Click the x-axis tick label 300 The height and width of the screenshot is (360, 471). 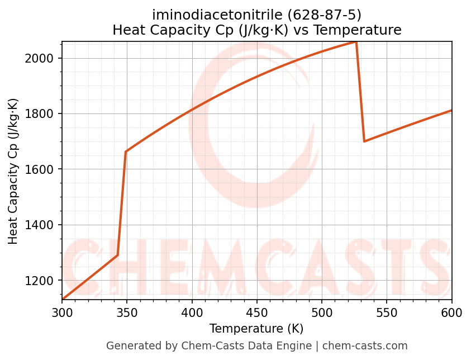tap(62, 312)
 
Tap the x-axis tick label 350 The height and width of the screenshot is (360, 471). tap(127, 312)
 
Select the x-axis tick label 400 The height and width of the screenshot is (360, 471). tap(192, 312)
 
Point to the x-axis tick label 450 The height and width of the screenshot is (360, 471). tap(257, 312)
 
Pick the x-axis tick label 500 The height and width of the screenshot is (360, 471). tap(322, 312)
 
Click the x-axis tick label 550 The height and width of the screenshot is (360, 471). tap(387, 312)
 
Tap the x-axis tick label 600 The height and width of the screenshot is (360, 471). tap(451, 312)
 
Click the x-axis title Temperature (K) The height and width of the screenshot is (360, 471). tap(256, 329)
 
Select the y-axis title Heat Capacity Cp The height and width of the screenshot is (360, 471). tap(13, 171)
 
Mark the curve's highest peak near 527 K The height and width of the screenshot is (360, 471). tap(356, 42)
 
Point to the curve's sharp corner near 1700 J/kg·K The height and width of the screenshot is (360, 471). tap(364, 141)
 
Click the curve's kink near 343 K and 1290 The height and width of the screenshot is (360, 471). tap(118, 255)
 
